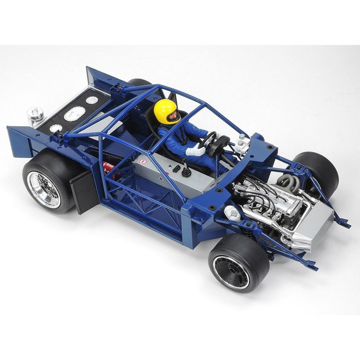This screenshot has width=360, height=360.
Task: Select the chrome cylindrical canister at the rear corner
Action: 35,116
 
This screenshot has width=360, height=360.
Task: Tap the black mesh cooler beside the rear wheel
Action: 84,191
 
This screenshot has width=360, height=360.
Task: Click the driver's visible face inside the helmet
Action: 173,116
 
